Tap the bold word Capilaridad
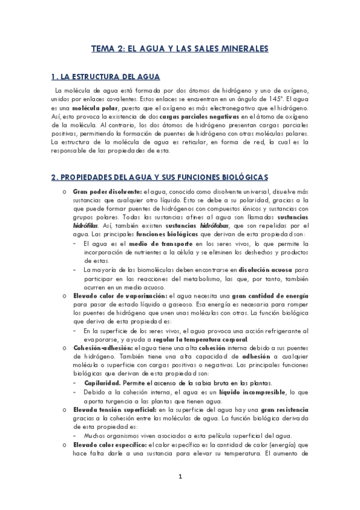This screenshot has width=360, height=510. coord(103,382)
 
